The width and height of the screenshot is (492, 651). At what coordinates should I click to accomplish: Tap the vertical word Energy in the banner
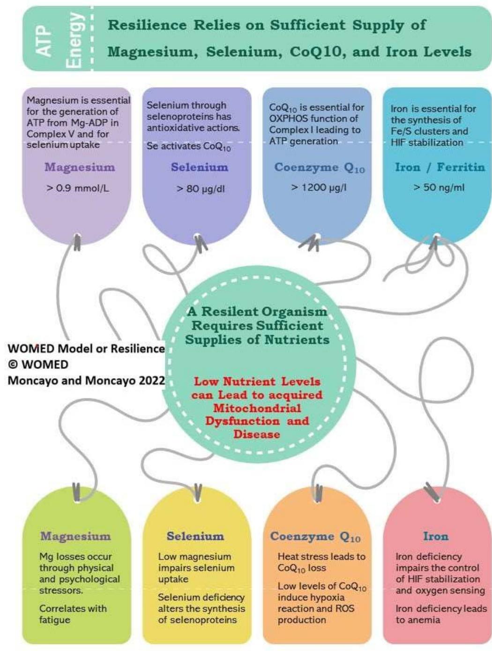coord(74,40)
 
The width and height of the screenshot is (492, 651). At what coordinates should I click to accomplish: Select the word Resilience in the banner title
coord(147,25)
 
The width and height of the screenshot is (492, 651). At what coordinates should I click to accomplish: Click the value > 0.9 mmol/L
coord(78,188)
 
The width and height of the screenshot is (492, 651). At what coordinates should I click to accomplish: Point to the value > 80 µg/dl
coord(201,189)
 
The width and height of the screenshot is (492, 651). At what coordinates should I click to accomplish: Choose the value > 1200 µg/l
coord(319,187)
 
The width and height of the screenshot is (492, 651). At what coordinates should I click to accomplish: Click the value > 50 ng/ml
coord(439,187)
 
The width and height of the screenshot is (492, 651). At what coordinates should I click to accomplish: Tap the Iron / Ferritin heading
coord(440,167)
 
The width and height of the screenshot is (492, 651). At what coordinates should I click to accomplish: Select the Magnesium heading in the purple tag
coord(80,167)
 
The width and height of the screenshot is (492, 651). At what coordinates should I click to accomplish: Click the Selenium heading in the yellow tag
coord(195,536)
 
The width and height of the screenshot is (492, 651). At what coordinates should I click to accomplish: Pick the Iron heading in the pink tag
coord(436,536)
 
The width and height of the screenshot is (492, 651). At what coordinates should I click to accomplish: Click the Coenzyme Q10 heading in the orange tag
coord(315,537)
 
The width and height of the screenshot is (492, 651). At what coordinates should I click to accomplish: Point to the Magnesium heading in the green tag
coord(75,536)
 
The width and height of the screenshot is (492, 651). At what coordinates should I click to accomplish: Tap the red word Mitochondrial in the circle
coord(257,408)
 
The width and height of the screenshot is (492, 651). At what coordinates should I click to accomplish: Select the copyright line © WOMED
coord(38,365)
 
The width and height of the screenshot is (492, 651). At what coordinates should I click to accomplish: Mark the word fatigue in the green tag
coord(55,620)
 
